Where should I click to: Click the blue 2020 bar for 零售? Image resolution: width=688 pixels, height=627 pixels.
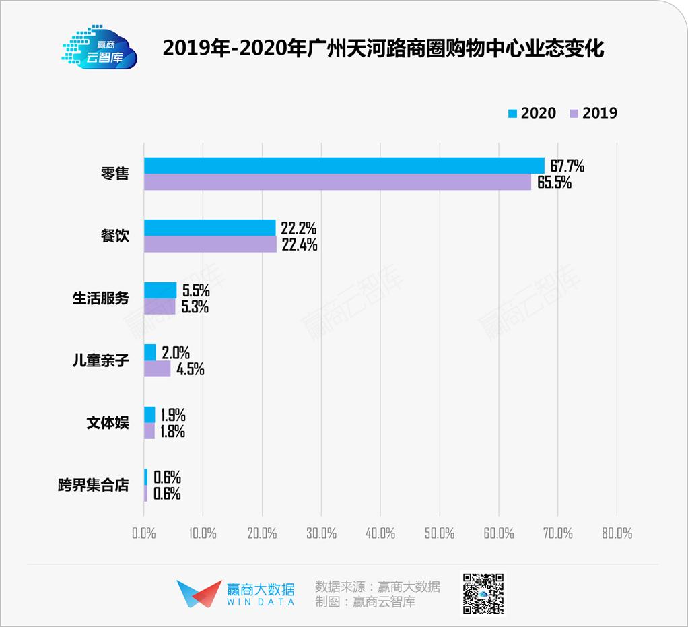343,166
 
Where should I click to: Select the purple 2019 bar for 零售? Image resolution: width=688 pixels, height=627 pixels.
337,182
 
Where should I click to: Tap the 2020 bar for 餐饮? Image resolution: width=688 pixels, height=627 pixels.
209,228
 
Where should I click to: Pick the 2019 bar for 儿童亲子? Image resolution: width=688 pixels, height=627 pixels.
157,369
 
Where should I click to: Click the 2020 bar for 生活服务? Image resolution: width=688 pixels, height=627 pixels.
160,290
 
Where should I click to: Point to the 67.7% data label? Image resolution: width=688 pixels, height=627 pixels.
567,166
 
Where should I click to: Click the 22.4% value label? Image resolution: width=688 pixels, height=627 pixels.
299,244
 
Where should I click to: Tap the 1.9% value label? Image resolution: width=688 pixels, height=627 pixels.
172,415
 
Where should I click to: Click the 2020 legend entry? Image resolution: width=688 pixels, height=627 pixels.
531,113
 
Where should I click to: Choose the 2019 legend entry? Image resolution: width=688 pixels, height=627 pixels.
592,113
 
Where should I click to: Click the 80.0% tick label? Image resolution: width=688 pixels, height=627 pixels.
617,533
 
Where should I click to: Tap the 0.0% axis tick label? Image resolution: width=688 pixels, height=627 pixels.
144,533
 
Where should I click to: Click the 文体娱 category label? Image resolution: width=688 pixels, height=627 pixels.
107,423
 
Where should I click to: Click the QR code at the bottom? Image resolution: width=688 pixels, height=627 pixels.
482,594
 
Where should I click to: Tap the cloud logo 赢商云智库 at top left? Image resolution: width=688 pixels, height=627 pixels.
100,48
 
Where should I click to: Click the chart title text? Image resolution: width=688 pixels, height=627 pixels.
384,49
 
